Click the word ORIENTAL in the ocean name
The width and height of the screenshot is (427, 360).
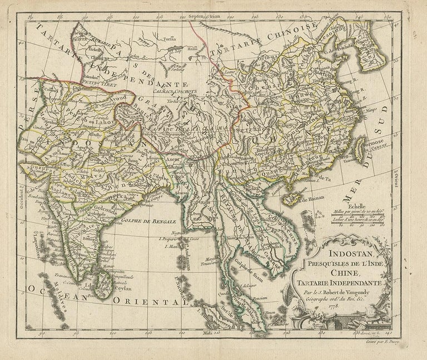(x=148, y=302)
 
